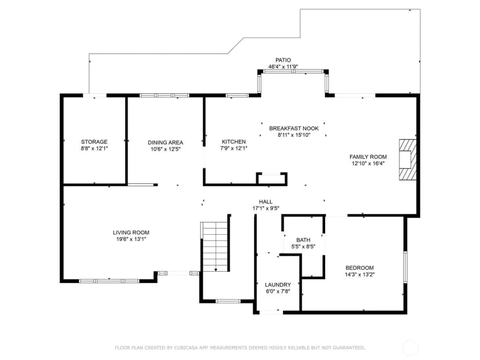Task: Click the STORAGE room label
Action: (x=94, y=141)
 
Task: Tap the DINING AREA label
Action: (x=165, y=143)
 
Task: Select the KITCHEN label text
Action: (x=234, y=141)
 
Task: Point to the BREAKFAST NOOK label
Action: (x=294, y=128)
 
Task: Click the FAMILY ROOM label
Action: (x=368, y=157)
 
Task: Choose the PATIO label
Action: (x=283, y=60)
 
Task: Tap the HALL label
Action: (x=266, y=202)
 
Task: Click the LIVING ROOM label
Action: (x=131, y=232)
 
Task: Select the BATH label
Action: (x=303, y=240)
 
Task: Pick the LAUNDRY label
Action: (x=278, y=285)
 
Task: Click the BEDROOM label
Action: (x=359, y=268)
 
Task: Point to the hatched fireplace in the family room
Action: (x=408, y=160)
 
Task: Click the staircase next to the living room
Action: (x=215, y=246)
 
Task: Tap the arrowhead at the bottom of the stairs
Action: (x=216, y=270)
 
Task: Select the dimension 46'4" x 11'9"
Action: (x=283, y=67)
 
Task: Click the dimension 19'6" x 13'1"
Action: (x=131, y=239)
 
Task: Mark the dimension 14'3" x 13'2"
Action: (x=359, y=275)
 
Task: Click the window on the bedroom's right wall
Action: (x=405, y=267)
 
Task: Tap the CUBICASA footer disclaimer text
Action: (x=240, y=348)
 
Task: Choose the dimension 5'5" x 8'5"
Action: (x=303, y=246)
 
